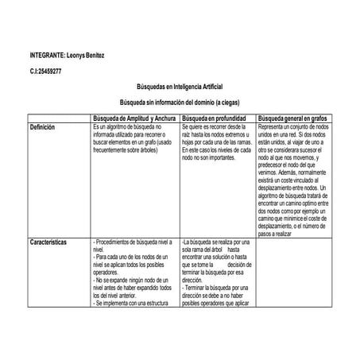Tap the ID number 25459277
point(50,72)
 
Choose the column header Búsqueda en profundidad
point(219,117)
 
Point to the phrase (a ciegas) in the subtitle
point(226,103)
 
